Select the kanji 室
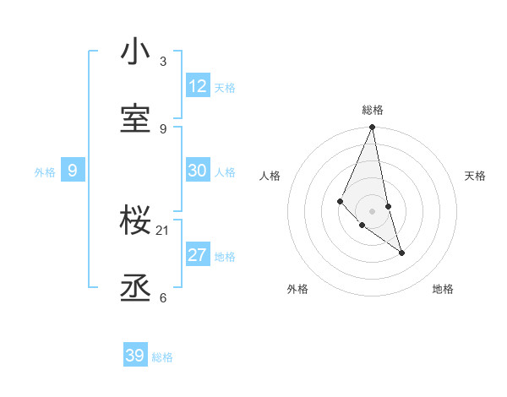point(135,119)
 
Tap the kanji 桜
point(135,221)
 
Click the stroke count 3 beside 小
point(163,62)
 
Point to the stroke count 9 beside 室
point(163,128)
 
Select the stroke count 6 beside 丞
point(163,298)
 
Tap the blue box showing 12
point(198,86)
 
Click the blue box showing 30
point(198,171)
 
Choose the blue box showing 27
point(198,255)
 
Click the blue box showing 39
point(135,356)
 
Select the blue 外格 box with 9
point(73,171)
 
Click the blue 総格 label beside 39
point(162,357)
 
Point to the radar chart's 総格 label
point(373,110)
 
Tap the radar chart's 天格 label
point(476,176)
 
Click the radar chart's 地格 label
point(443,289)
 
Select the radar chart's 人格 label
point(270,176)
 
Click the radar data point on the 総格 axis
point(372,128)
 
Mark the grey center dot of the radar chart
point(372,210)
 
